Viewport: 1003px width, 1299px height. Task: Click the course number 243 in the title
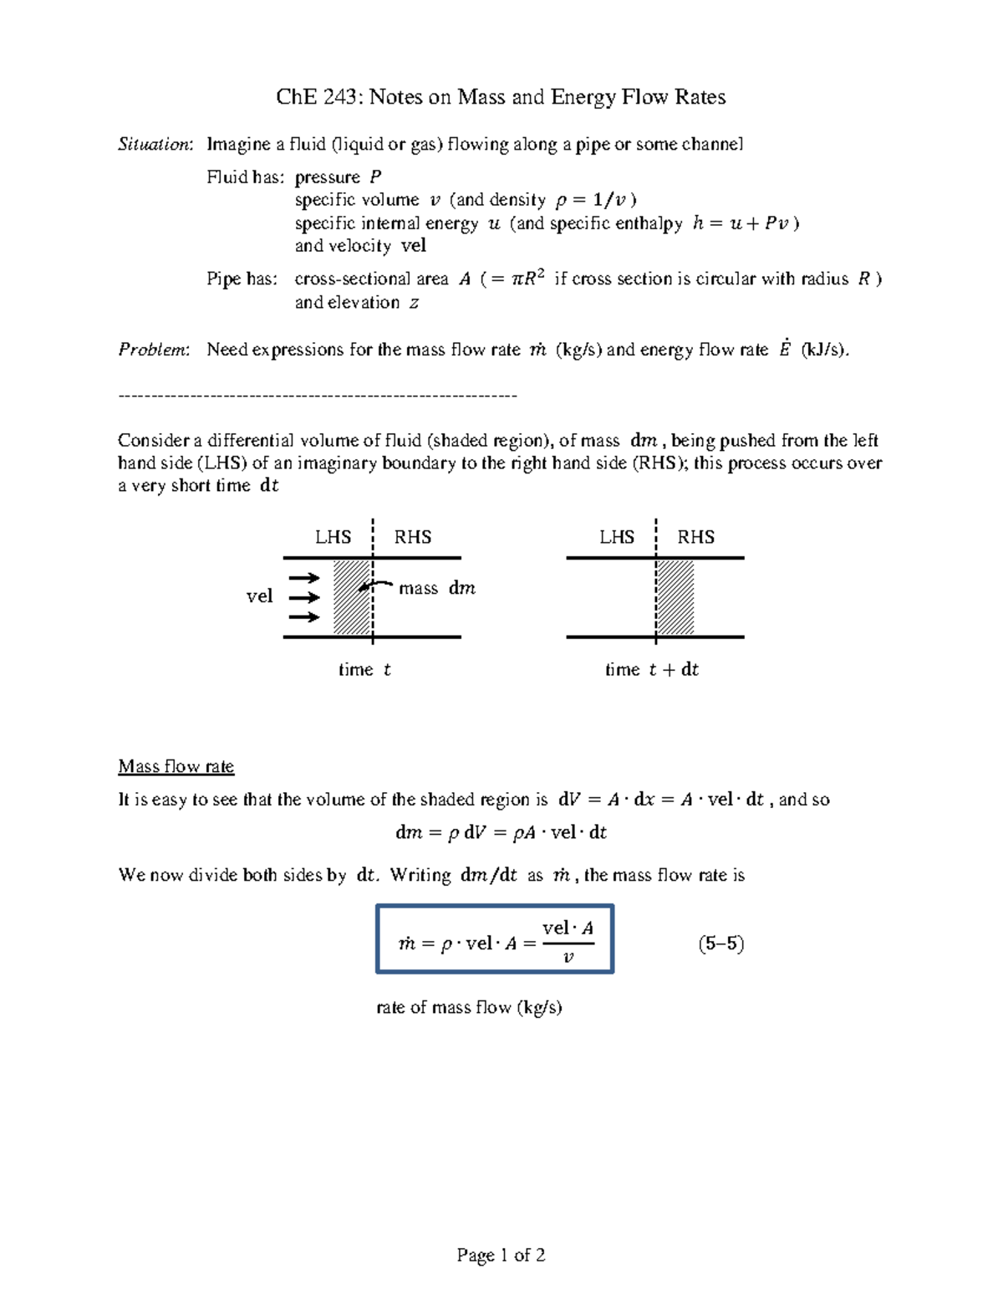340,98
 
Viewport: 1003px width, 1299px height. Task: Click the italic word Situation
155,145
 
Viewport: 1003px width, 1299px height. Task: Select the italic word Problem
153,350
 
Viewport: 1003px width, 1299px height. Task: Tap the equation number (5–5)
720,944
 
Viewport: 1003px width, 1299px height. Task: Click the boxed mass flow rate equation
495,938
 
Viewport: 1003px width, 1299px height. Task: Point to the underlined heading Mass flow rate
176,766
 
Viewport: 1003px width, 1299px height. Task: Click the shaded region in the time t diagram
352,597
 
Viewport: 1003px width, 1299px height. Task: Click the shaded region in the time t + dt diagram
675,597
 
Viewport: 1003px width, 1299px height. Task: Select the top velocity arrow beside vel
304,578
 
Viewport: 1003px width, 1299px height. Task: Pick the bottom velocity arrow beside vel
304,617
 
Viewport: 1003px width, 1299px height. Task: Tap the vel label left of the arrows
259,596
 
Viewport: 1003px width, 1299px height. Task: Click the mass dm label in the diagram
436,589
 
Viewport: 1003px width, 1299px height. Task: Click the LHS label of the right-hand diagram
616,537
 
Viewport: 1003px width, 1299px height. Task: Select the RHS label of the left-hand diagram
413,537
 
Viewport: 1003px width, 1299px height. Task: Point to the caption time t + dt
651,669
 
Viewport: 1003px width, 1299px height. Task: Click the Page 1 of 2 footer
501,1255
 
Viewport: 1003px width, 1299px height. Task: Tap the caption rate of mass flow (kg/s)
469,1007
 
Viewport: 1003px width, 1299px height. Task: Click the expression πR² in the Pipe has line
527,279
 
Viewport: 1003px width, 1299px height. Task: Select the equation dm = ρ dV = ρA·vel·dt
501,833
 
